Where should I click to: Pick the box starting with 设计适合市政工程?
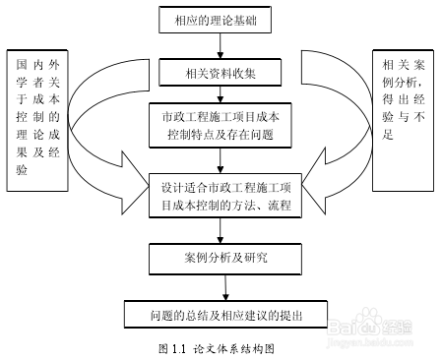(x=224, y=197)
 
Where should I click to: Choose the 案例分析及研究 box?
(x=224, y=258)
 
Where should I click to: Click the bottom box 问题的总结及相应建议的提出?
(x=225, y=316)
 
